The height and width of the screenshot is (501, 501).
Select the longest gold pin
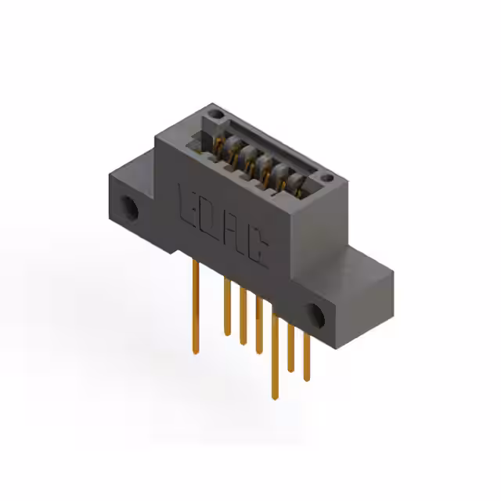pyautogui.click(x=274, y=352)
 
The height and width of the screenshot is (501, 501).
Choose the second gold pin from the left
pyautogui.click(x=227, y=305)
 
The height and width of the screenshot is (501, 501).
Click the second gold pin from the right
pyautogui.click(x=290, y=344)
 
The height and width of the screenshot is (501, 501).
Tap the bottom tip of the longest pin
pyautogui.click(x=274, y=396)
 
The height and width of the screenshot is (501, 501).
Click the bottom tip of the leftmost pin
pyautogui.click(x=193, y=351)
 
